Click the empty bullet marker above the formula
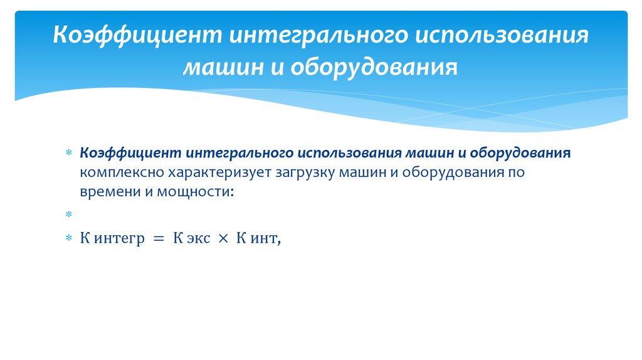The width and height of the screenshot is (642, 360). (69, 215)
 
